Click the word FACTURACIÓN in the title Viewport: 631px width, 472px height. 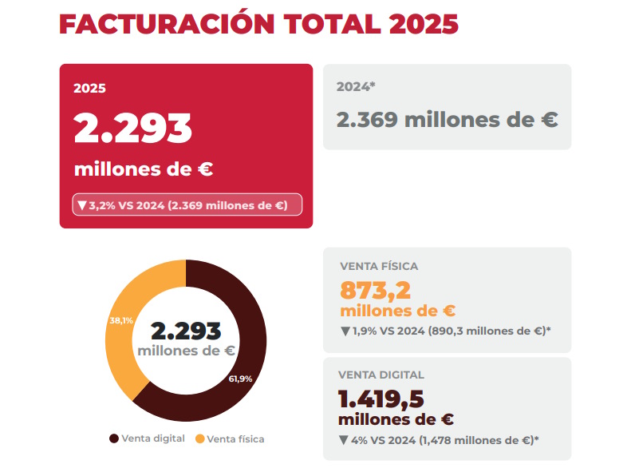(167, 23)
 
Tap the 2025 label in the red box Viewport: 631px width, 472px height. (89, 88)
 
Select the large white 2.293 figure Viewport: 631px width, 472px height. (132, 128)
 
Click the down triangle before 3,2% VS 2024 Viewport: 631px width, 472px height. (82, 205)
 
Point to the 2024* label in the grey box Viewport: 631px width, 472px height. (356, 86)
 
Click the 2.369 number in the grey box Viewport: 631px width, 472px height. (367, 120)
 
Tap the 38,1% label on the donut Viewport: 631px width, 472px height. (121, 320)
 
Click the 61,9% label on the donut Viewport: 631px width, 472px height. (240, 379)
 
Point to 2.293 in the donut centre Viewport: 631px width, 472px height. (186, 331)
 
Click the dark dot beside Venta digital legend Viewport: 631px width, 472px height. (114, 438)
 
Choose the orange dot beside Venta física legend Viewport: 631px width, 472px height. (199, 439)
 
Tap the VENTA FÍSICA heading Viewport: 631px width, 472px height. (379, 266)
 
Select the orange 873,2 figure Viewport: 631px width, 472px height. (376, 291)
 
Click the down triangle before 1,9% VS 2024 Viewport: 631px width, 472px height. (345, 331)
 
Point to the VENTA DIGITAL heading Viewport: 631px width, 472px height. (381, 375)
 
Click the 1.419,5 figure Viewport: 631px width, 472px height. (381, 399)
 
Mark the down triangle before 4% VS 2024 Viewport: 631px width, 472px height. (343, 440)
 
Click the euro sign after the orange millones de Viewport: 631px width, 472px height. (448, 311)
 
